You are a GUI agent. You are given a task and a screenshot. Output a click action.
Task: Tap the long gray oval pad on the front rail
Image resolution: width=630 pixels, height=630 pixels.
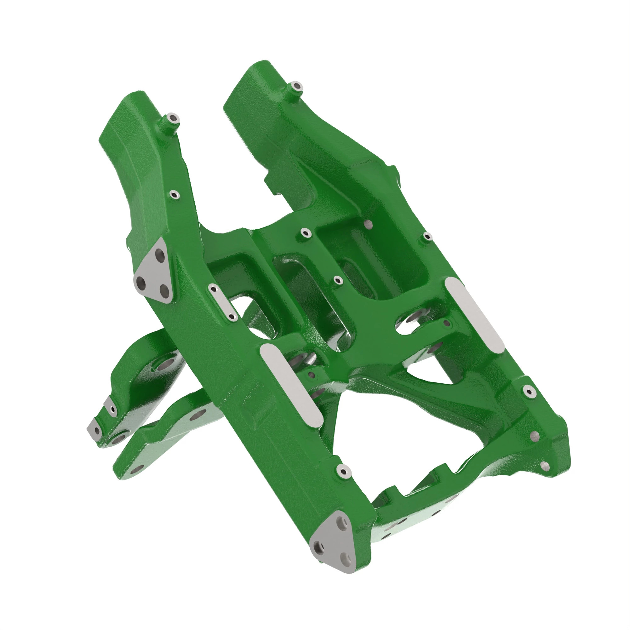tap(291, 385)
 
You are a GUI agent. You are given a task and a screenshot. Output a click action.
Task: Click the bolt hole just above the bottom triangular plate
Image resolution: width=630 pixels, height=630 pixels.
tap(343, 471)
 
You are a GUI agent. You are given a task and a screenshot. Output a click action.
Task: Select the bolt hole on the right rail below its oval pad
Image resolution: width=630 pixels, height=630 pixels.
tap(528, 390)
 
